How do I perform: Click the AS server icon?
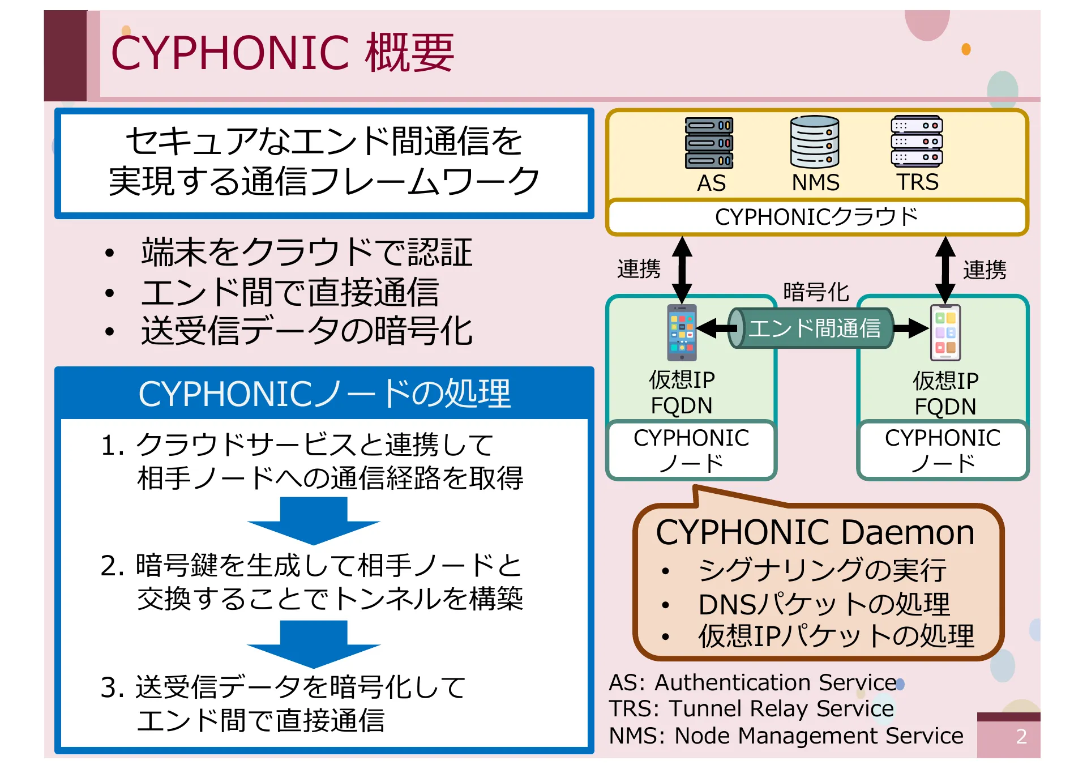(709, 143)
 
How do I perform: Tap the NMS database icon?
(815, 142)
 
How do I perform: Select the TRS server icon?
(917, 142)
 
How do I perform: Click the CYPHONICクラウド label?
(816, 217)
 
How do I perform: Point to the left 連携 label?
(639, 269)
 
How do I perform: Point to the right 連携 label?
(985, 270)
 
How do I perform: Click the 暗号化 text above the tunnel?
(816, 292)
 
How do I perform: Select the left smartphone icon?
(682, 333)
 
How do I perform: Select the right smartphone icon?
(945, 333)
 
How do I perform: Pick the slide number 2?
(1021, 737)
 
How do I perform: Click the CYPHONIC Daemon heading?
(815, 533)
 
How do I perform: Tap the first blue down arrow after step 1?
(314, 520)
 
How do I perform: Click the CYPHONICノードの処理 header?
(324, 394)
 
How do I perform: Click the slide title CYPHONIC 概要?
(282, 53)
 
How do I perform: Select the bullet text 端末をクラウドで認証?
(306, 253)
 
